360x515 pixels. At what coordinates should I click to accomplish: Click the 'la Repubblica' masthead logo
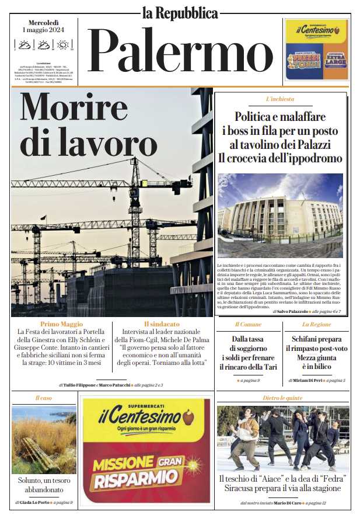[x=180, y=12]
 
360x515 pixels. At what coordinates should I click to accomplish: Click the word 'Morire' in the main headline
[x=74, y=107]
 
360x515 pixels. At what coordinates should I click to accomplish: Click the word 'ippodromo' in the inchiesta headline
[x=313, y=158]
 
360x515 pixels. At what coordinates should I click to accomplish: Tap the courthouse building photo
[x=280, y=215]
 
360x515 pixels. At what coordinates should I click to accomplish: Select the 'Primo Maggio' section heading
[x=61, y=324]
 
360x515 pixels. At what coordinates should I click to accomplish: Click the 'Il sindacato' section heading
[x=162, y=324]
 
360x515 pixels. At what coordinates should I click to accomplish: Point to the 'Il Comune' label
[x=248, y=324]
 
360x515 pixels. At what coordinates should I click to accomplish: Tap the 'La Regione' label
[x=316, y=324]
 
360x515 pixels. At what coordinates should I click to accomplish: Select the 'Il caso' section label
[x=44, y=398]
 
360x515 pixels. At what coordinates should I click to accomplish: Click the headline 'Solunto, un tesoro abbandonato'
[x=44, y=485]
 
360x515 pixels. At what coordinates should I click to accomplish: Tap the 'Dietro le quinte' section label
[x=282, y=398]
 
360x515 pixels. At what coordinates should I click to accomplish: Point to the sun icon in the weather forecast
[x=62, y=44]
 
